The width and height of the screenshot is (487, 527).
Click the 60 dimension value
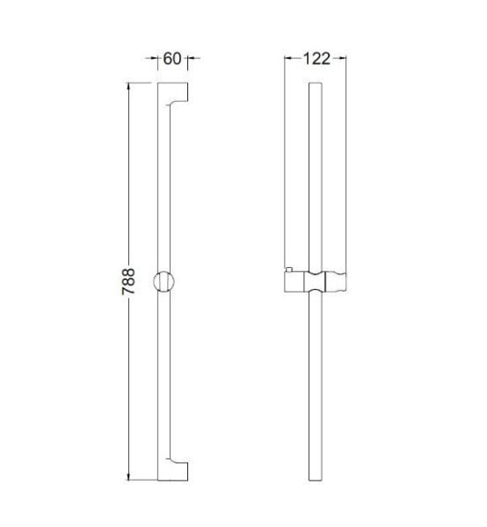pos(171,59)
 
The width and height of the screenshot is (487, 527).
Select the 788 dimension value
pos(127,283)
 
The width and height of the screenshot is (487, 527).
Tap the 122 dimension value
pos(316,59)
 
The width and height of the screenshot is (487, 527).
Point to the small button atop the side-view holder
pos(289,267)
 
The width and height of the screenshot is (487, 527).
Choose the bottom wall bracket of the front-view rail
pos(180,470)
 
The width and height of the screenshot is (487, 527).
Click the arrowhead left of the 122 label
pos(288,59)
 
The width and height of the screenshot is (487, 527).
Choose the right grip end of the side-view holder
pos(338,283)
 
